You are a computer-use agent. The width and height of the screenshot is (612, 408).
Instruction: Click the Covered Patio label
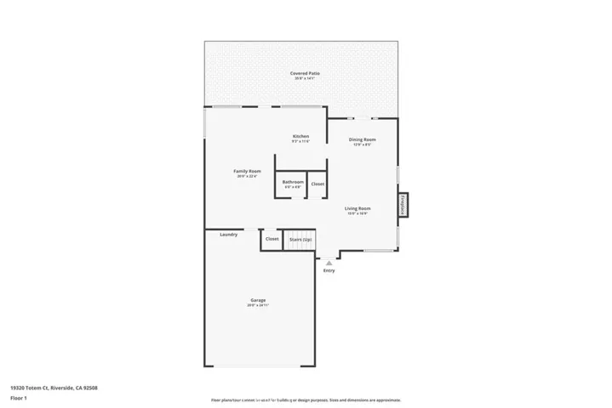[300, 74]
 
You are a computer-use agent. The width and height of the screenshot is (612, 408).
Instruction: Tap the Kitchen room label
[300, 136]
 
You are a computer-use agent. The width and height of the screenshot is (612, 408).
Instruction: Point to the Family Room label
[247, 171]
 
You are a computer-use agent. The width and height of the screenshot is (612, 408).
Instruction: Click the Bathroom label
[293, 182]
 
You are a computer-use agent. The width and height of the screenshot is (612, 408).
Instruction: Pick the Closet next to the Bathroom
[317, 184]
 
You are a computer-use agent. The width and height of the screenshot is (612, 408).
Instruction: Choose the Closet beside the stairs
[272, 239]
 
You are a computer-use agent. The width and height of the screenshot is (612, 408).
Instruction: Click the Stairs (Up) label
[300, 240]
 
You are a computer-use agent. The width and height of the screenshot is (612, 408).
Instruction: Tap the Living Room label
[357, 208]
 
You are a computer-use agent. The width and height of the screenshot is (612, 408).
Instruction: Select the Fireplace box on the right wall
[403, 205]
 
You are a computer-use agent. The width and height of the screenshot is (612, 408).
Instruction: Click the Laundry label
[228, 235]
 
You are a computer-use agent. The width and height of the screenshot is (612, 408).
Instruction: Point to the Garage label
[258, 299]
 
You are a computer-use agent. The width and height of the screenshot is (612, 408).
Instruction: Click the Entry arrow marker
[329, 263]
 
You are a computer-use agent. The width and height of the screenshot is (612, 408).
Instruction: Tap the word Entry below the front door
[329, 270]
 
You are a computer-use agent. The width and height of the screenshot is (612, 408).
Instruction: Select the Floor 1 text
[18, 397]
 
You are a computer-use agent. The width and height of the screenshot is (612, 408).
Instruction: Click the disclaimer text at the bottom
[306, 399]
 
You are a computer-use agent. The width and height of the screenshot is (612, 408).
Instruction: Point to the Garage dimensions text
[258, 304]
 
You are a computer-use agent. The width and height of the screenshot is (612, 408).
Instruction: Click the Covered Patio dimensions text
[300, 79]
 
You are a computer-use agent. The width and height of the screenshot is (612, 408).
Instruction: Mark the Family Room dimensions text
[247, 176]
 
